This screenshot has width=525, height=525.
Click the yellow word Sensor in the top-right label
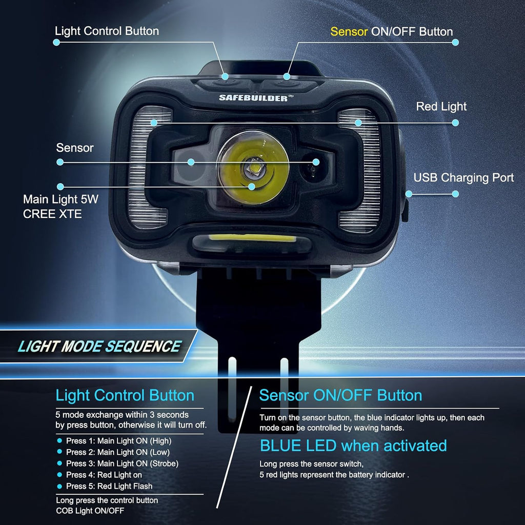(349, 31)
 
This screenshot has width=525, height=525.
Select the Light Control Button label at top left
(107, 31)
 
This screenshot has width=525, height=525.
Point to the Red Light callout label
(441, 107)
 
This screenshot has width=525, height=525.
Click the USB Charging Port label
(463, 177)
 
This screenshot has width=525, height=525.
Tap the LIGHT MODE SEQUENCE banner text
(99, 347)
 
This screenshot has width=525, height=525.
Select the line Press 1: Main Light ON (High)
(118, 440)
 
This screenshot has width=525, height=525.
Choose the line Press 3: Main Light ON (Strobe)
(122, 463)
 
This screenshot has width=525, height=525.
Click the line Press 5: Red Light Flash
(109, 486)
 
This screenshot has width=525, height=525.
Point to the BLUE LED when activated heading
(353, 446)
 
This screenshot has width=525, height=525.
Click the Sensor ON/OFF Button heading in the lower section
(340, 395)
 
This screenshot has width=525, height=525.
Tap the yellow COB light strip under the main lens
(252, 239)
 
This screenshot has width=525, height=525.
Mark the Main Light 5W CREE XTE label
(60, 207)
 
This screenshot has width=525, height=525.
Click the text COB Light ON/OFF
(90, 511)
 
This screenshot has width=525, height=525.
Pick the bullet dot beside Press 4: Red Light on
(59, 475)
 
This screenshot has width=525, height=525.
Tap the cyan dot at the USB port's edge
(409, 194)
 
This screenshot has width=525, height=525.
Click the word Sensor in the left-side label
(75, 148)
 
